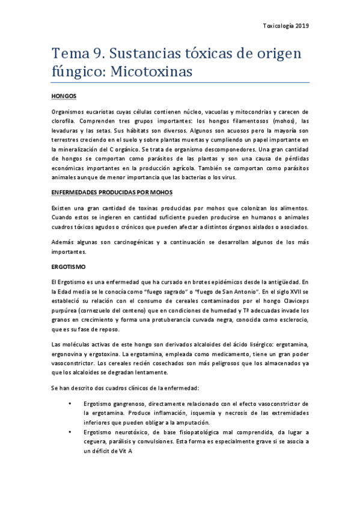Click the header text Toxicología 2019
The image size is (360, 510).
pyautogui.click(x=287, y=26)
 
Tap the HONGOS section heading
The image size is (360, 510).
pyautogui.click(x=64, y=96)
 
